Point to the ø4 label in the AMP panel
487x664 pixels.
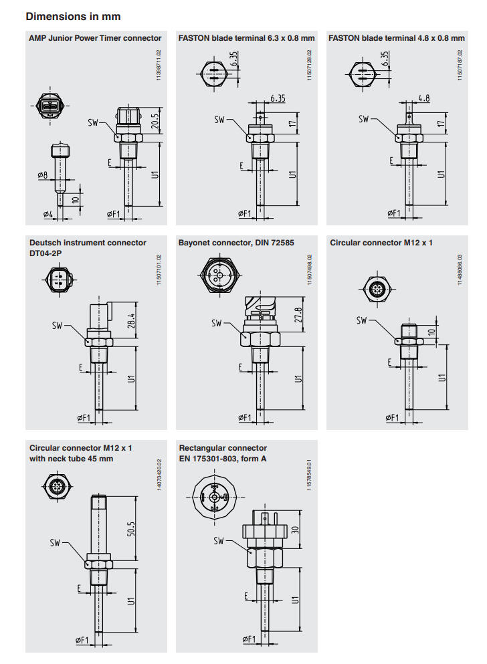[x=47, y=215]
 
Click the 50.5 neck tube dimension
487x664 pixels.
[x=132, y=530]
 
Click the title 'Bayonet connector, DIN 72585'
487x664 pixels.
[x=236, y=243]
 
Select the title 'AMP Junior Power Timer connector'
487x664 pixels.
[x=96, y=38]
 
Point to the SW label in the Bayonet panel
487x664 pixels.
[x=217, y=324]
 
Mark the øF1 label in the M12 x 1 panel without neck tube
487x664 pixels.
[x=391, y=418]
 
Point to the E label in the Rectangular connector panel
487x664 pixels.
[x=247, y=595]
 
